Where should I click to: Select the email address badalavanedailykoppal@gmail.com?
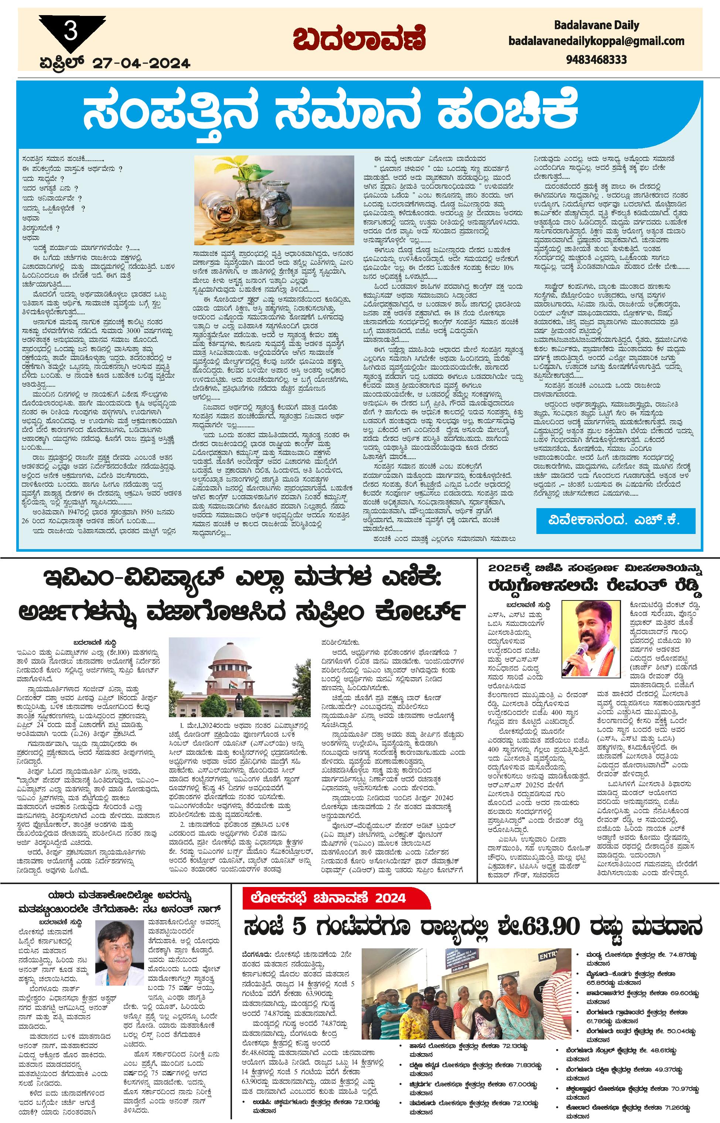point(596,41)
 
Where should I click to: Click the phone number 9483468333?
point(596,59)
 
